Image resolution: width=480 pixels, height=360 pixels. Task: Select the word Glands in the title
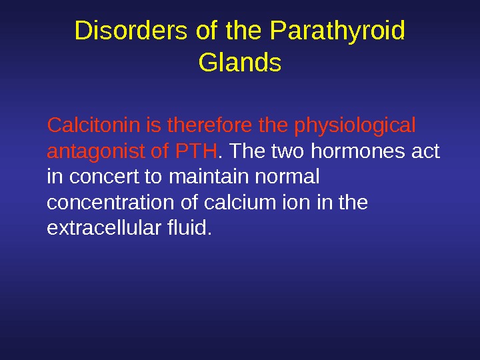[x=240, y=64]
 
